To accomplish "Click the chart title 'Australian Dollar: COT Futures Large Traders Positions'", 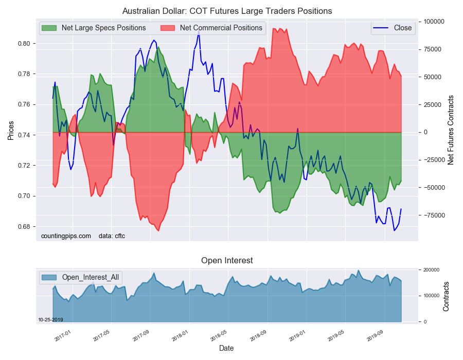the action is (227, 11).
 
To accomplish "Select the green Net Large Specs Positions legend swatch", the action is (49, 28).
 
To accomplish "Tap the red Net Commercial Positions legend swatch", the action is (167, 28).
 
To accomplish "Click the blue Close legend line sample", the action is (381, 28).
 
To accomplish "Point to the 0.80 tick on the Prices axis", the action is (25, 44).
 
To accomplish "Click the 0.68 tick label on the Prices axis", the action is (25, 227).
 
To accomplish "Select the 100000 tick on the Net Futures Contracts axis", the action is (434, 22).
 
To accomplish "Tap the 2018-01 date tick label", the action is (180, 336).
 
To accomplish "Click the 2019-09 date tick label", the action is (375, 336).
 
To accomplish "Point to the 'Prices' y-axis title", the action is (11, 131).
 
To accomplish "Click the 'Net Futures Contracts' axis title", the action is (451, 130).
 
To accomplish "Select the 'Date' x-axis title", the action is (226, 349).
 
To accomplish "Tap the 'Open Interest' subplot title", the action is (227, 261).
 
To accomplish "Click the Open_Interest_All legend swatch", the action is (49, 277).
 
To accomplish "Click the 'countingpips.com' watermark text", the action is (66, 236).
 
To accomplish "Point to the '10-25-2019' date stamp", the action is (50, 320).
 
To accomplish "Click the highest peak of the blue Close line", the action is (199, 30).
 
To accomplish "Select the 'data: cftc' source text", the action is (112, 236).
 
